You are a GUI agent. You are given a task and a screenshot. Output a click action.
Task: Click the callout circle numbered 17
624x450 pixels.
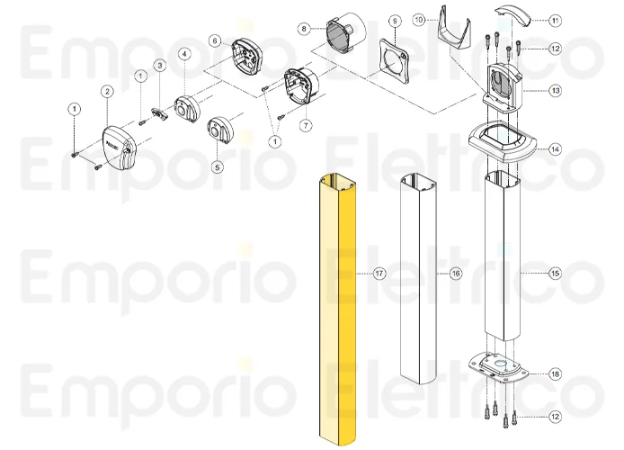(380, 272)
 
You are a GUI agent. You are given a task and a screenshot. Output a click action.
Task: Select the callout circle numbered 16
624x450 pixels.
(456, 272)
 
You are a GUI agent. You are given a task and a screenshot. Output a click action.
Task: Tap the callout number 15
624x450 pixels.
(555, 272)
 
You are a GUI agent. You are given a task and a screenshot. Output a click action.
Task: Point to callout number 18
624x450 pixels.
(555, 373)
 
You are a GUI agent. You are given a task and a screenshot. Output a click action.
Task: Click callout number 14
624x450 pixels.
(555, 149)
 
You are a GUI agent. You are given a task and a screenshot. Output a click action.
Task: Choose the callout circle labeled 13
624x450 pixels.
(555, 90)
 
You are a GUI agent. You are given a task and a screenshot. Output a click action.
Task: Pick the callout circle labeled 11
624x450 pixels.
(555, 19)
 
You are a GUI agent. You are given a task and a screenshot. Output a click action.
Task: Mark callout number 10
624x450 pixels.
(418, 19)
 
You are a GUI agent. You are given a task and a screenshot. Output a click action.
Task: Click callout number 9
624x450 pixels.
(394, 19)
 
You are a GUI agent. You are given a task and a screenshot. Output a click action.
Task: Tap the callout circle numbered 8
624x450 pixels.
(304, 28)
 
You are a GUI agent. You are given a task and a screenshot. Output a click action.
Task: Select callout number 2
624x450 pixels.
(107, 91)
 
